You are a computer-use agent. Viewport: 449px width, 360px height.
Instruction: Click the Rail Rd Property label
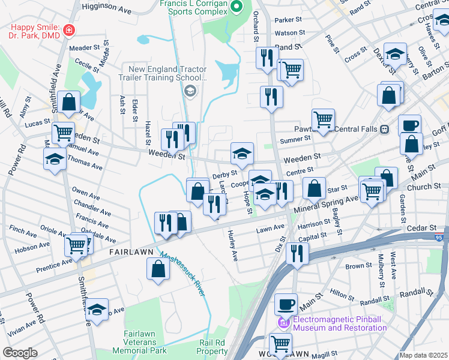coord(213,347)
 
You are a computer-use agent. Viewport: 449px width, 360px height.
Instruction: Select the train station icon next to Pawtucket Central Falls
coord(384,130)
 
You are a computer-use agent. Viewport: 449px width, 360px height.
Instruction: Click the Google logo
coord(20,353)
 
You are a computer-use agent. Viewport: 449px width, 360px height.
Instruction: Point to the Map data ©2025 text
coord(424,355)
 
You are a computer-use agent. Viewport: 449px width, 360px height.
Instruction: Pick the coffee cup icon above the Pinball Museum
coord(286,304)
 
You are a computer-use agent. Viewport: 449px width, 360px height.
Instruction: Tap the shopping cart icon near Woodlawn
coord(280,344)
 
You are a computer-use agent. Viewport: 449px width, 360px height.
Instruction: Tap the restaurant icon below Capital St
coord(297,253)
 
